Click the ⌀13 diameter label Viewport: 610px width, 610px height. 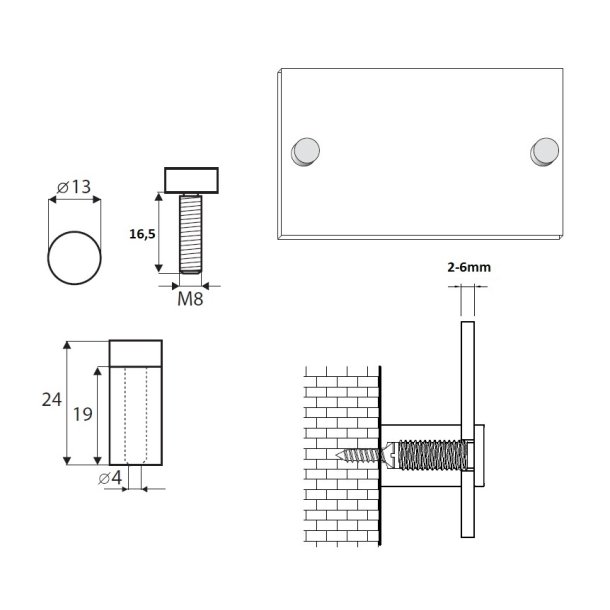click(x=75, y=186)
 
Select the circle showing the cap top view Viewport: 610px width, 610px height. click(x=75, y=257)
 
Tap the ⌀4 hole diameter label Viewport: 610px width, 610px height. click(x=113, y=477)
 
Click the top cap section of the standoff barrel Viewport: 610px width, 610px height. click(x=135, y=353)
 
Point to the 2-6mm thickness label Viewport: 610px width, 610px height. click(x=469, y=268)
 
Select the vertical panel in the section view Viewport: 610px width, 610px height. click(x=466, y=430)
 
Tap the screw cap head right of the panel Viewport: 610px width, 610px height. click(x=480, y=455)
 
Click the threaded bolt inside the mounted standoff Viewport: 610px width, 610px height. click(x=430, y=456)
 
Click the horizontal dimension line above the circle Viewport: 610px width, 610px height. click(x=76, y=201)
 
